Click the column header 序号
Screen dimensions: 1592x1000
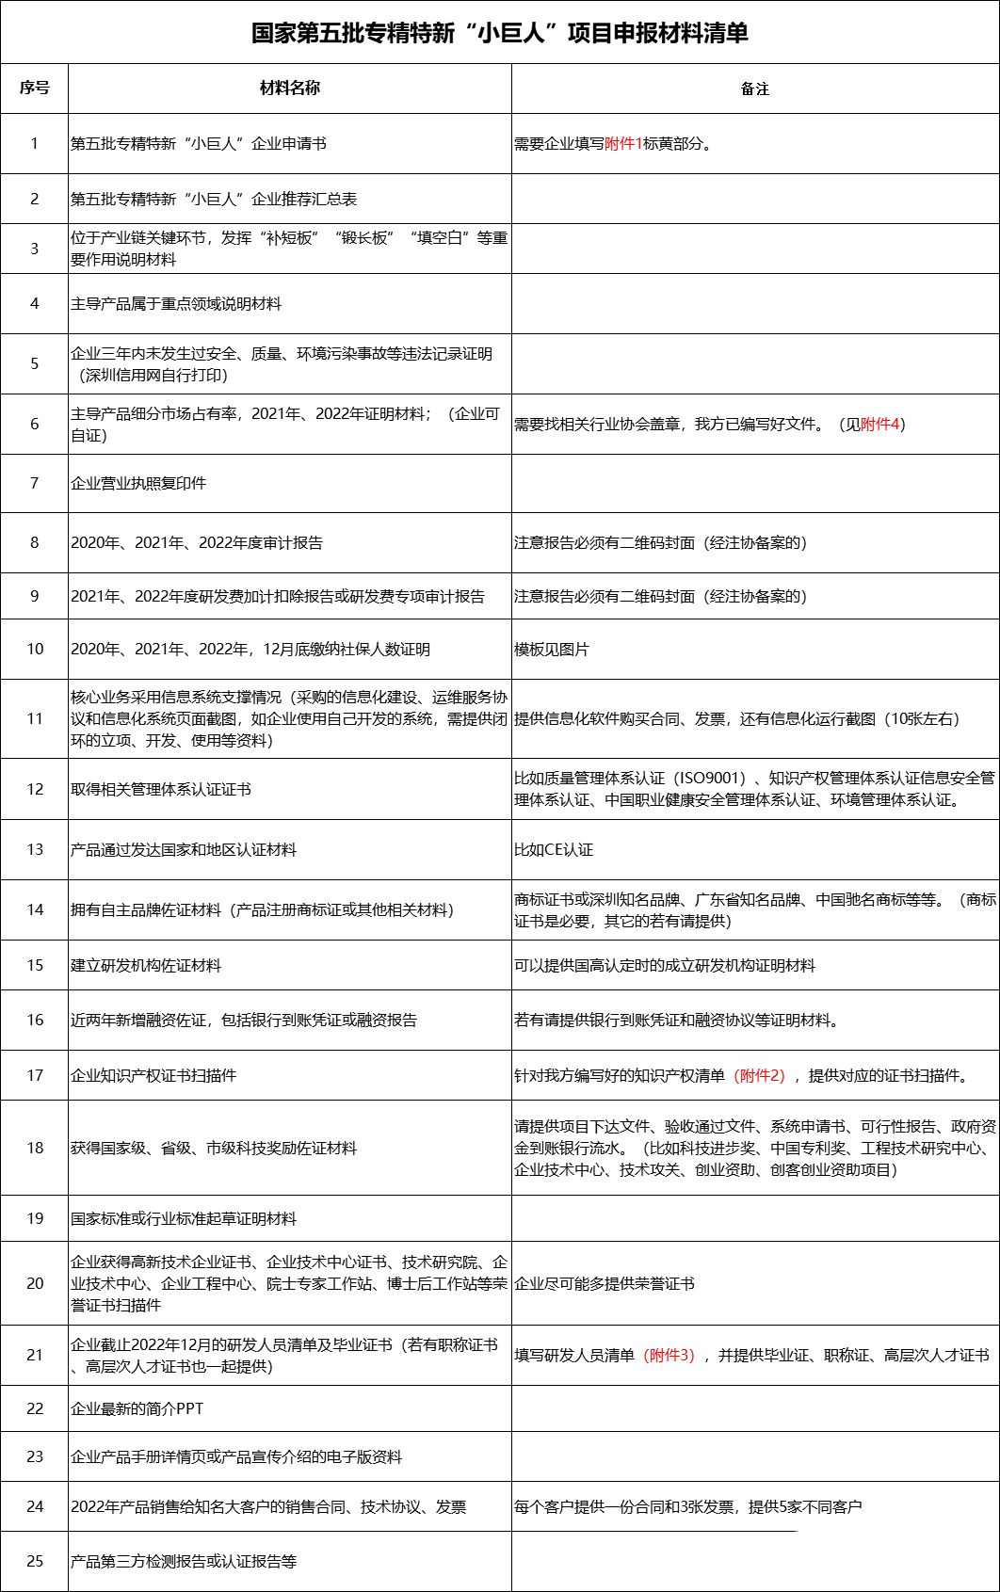pyautogui.click(x=35, y=88)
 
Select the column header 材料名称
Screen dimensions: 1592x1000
pyautogui.click(x=290, y=88)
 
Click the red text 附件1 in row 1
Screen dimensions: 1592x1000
pyautogui.click(x=623, y=144)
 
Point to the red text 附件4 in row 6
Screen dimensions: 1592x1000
pyautogui.click(x=880, y=425)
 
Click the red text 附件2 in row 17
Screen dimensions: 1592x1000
pyautogui.click(x=759, y=1076)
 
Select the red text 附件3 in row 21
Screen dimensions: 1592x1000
pyautogui.click(x=669, y=1356)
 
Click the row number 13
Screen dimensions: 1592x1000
pyautogui.click(x=35, y=850)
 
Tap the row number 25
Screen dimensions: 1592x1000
pyautogui.click(x=35, y=1562)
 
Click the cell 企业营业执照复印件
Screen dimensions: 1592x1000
pyautogui.click(x=138, y=484)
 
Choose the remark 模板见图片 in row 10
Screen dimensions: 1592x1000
pyautogui.click(x=552, y=650)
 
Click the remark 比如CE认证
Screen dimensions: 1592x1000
pyautogui.click(x=554, y=850)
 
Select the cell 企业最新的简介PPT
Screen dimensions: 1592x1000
pyautogui.click(x=137, y=1409)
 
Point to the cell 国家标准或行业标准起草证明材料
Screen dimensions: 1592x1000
pyautogui.click(x=184, y=1219)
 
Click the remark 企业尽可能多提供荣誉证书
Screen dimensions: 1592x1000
pyautogui.click(x=605, y=1284)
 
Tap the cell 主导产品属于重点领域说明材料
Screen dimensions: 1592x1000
pyautogui.click(x=176, y=304)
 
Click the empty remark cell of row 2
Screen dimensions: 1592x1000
pyautogui.click(x=755, y=199)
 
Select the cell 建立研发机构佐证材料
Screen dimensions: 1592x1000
pyautogui.click(x=146, y=966)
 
